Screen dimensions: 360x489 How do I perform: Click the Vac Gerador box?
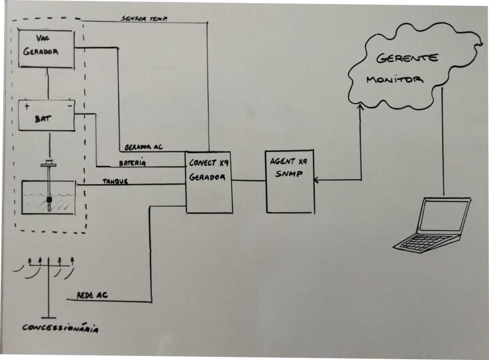45,49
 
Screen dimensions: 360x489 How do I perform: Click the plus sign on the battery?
27,107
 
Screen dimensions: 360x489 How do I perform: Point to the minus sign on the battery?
69,107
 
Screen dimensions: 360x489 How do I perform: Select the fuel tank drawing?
49,197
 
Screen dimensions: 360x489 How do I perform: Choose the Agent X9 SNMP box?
290,182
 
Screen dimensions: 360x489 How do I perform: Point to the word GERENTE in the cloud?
407,58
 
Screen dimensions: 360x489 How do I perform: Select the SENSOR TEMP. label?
144,19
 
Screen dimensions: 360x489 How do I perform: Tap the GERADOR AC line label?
144,147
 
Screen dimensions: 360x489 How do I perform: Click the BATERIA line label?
132,163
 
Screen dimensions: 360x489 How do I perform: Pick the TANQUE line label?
115,181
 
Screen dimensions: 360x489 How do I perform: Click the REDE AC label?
93,295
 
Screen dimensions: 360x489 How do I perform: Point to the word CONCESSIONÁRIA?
61,328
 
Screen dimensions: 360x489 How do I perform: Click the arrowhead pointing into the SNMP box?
317,180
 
